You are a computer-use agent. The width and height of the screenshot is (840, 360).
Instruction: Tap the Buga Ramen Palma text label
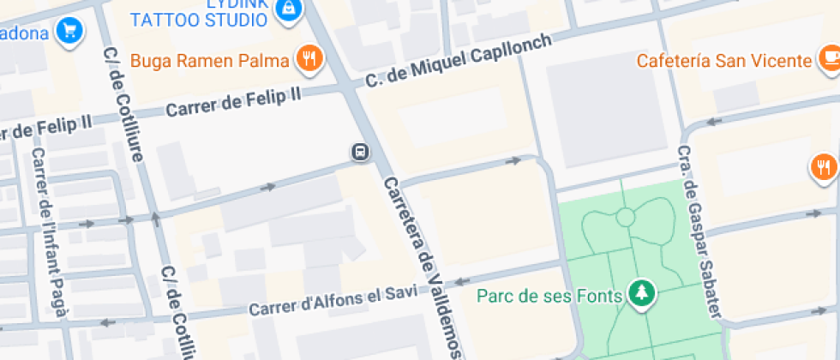click(212, 61)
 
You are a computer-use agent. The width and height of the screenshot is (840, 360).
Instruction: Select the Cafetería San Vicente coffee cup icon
click(829, 59)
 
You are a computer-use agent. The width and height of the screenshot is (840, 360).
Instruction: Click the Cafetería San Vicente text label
click(723, 61)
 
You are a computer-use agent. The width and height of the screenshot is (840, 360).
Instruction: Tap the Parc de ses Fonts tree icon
click(640, 295)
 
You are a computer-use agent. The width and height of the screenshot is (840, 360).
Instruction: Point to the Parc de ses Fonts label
click(549, 297)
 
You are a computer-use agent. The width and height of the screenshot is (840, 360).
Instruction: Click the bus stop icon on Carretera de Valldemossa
click(361, 153)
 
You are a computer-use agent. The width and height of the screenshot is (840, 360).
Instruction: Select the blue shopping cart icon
click(68, 33)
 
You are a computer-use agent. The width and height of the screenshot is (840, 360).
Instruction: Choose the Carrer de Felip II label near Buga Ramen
click(233, 102)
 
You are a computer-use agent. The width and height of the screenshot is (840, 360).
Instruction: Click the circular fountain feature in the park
click(625, 218)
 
